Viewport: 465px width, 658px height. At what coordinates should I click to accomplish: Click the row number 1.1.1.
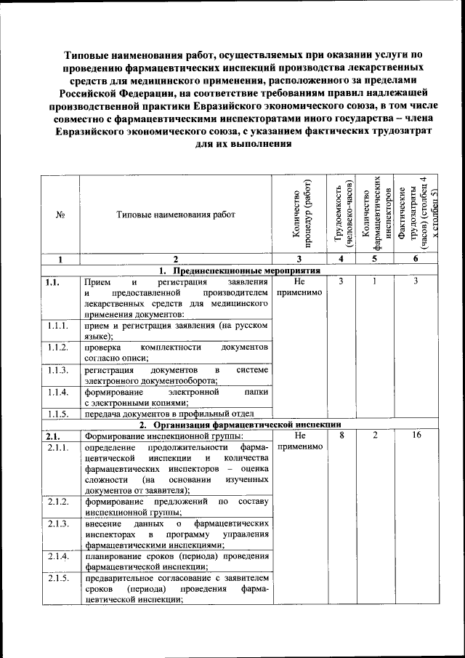57,326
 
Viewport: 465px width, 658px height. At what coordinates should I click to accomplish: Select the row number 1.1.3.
57,370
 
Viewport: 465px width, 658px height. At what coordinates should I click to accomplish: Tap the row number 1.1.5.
57,414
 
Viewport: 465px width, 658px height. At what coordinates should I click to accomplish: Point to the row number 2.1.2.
57,502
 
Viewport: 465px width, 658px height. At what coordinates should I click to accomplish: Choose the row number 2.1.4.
57,556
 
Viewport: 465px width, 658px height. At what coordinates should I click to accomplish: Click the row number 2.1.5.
57,578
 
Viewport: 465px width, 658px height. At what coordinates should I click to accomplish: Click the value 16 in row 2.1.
416,436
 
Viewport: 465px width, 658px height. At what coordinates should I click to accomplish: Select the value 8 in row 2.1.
341,436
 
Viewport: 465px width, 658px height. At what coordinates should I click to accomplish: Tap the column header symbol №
60,215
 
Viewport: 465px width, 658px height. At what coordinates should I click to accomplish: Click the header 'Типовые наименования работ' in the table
177,215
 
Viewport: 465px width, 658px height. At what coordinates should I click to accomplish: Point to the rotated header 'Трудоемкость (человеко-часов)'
341,214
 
